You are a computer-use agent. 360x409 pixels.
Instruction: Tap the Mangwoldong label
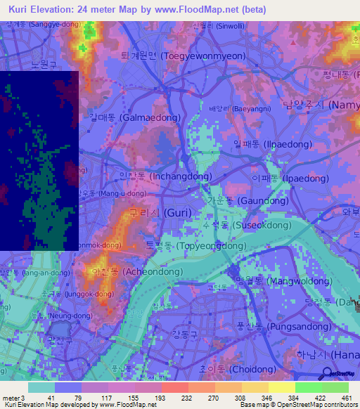(x=267, y=280)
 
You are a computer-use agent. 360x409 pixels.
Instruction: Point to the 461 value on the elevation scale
(x=346, y=397)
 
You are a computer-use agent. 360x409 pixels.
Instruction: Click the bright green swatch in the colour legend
(x=308, y=387)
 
